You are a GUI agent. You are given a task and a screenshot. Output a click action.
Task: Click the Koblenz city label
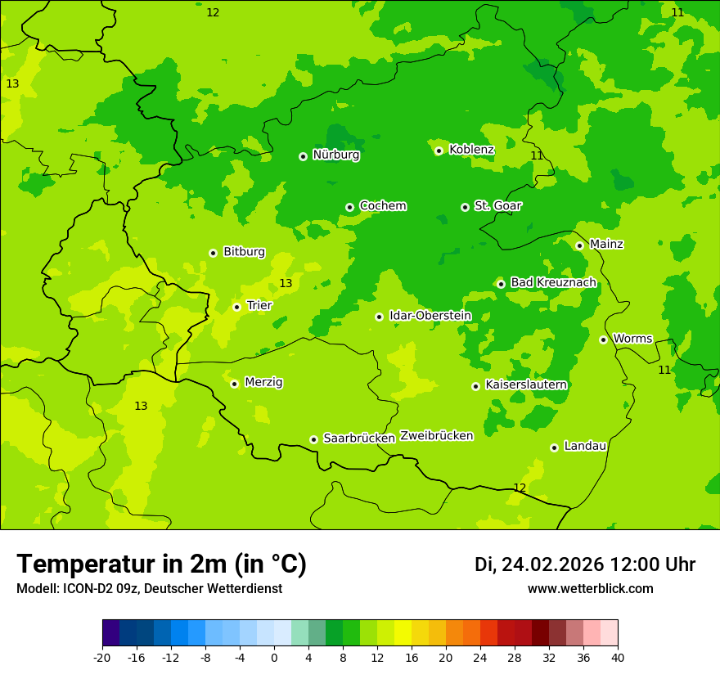471,150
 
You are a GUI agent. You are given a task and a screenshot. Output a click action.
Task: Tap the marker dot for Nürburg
303,156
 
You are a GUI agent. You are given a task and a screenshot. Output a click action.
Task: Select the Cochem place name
382,206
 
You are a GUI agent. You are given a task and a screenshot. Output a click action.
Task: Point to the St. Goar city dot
465,207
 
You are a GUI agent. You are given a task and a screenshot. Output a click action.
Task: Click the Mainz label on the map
606,244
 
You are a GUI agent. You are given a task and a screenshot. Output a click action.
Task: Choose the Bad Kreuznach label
553,282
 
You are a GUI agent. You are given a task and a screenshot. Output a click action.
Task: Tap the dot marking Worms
603,339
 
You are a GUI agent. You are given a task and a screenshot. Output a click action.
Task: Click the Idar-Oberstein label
430,316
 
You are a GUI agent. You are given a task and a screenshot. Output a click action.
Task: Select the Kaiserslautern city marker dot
475,386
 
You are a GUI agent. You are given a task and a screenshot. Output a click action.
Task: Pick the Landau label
585,446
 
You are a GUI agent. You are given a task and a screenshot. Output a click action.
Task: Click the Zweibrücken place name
436,436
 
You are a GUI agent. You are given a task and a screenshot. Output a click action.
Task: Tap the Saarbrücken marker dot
313,439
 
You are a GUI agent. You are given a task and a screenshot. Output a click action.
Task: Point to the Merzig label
263,382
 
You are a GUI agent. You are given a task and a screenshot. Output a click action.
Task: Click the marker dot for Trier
236,307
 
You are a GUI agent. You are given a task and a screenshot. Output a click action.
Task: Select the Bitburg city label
244,252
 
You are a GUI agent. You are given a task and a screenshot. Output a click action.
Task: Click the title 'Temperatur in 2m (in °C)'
161,564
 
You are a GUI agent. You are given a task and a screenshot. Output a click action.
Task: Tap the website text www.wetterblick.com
590,589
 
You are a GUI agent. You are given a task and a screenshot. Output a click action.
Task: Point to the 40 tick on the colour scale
618,658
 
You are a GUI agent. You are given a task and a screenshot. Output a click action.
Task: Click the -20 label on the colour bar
102,658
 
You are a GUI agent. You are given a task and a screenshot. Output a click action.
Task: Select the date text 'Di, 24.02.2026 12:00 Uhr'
585,564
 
